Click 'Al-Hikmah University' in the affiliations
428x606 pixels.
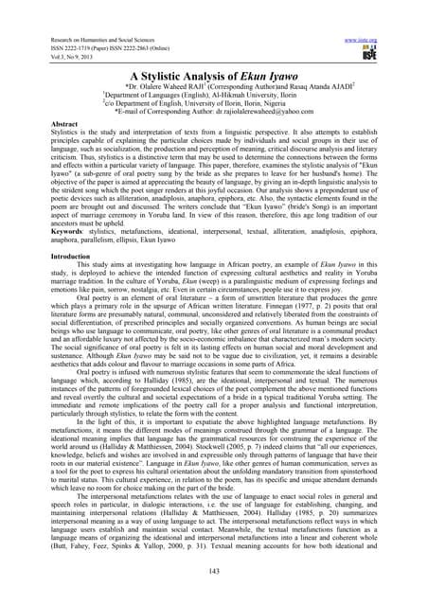click(226, 95)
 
